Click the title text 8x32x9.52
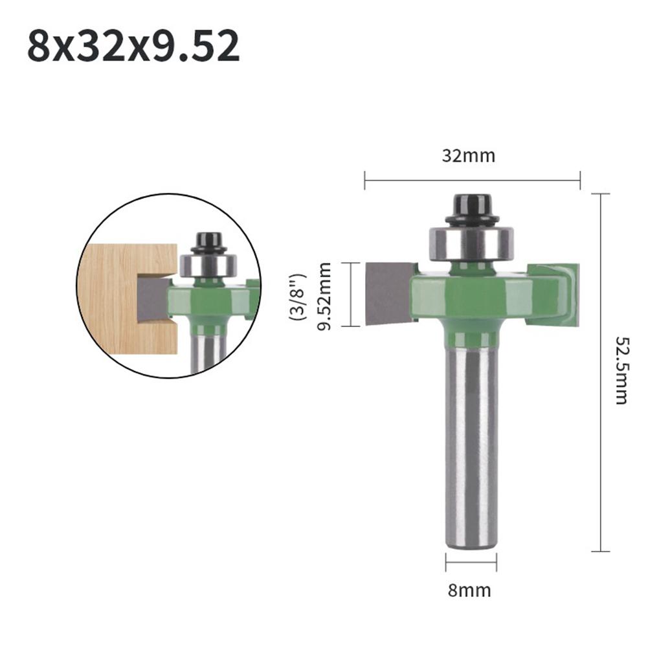133,45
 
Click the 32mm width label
469,156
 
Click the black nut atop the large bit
470,208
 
